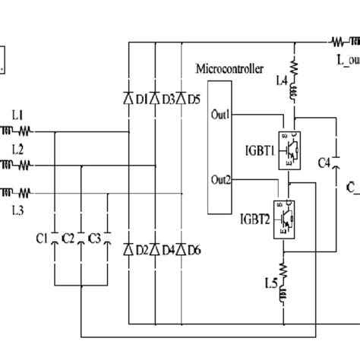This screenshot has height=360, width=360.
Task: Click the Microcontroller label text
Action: [x=230, y=69]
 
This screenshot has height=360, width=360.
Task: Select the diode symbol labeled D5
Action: [x=181, y=99]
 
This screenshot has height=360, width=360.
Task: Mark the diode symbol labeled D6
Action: [x=181, y=249]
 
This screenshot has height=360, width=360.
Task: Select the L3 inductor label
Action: [x=17, y=207]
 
